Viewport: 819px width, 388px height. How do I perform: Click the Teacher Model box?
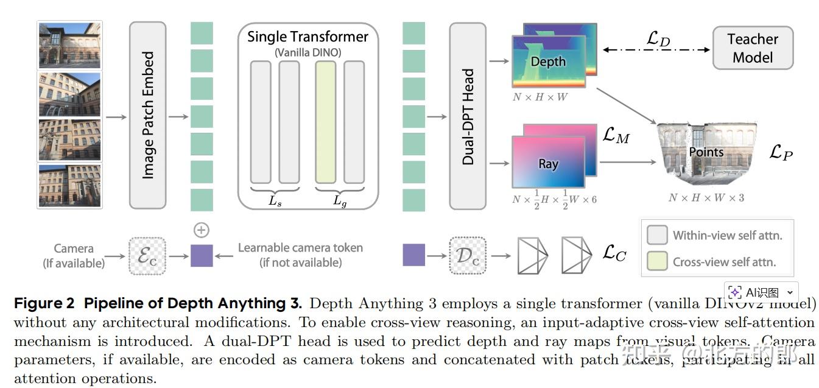click(753, 48)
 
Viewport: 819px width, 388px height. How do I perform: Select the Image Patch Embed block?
click(147, 115)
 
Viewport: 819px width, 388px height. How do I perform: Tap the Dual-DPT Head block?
click(468, 116)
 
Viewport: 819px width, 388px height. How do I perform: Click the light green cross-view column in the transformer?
click(325, 122)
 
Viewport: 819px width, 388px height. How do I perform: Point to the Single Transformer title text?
click(308, 37)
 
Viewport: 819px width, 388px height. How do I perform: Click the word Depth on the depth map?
click(548, 62)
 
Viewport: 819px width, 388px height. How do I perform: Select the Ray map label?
click(548, 164)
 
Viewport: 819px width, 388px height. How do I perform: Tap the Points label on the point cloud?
click(706, 152)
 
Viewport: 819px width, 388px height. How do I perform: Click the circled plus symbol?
click(201, 230)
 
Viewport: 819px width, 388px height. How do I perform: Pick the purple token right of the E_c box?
click(202, 255)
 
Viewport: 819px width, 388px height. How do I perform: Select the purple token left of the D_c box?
click(414, 255)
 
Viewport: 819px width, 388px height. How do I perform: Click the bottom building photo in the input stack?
click(69, 186)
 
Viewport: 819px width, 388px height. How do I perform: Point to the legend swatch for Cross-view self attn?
click(656, 262)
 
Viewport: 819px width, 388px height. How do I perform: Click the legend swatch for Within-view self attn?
click(656, 235)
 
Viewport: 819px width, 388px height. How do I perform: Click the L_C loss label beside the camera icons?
click(614, 253)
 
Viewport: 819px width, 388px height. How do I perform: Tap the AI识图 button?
click(761, 292)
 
